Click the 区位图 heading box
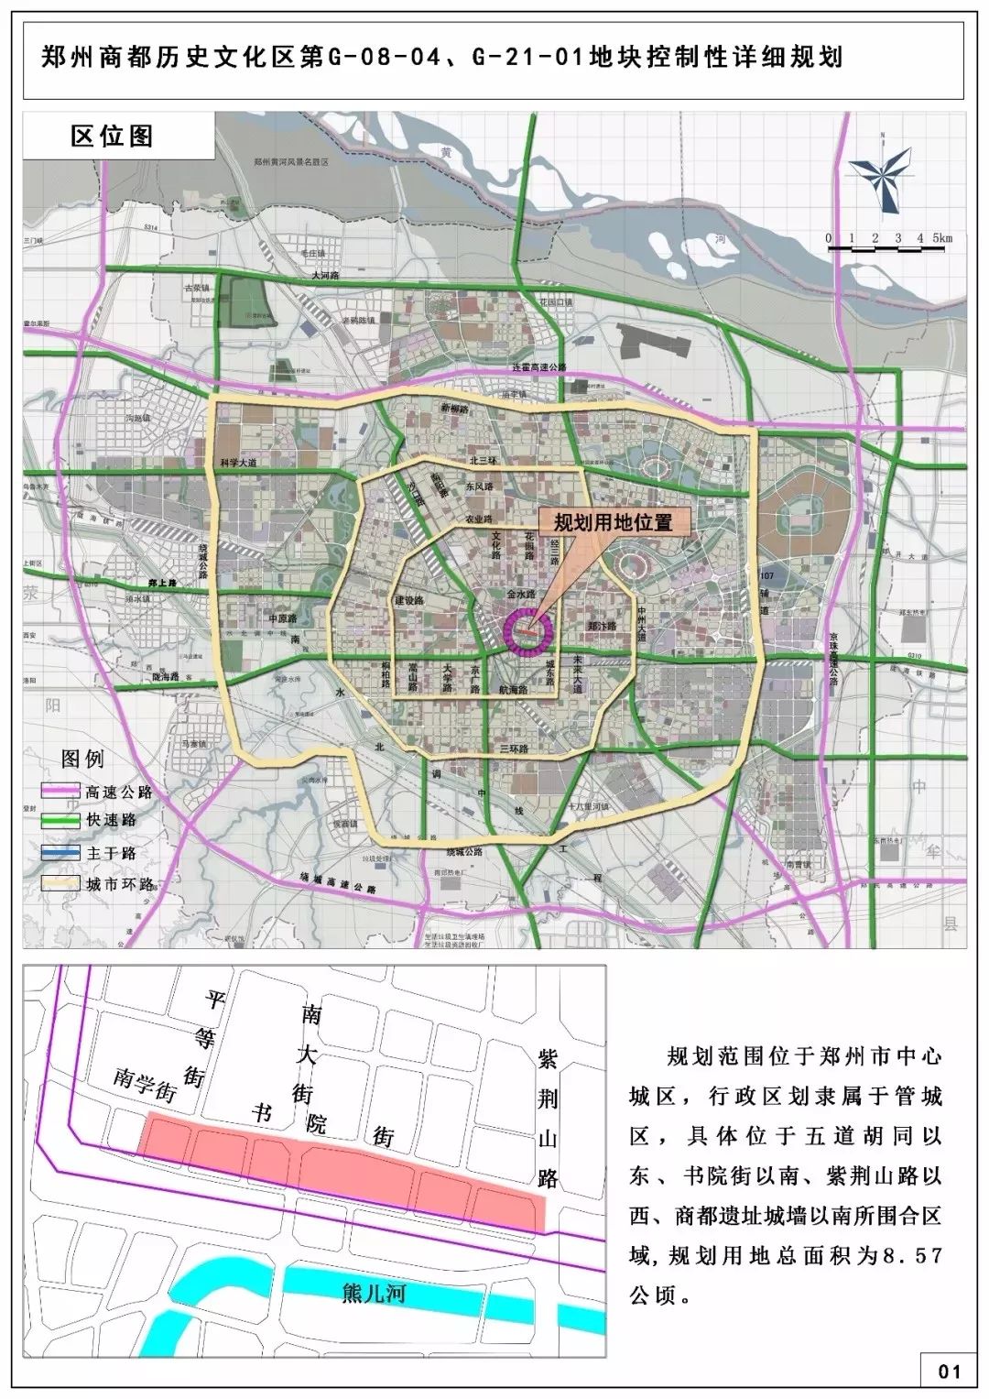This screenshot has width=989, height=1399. point(114,137)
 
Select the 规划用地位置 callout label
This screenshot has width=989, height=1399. point(613,522)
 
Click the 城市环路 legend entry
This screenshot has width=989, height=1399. point(119,884)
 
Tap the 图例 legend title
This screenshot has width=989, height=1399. point(82,759)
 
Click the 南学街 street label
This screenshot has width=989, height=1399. point(144,1080)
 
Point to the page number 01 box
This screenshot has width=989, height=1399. point(950,1371)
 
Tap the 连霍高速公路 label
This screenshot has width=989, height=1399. point(539,366)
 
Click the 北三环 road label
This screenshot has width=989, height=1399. point(482,460)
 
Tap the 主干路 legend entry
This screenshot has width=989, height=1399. point(111,853)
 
